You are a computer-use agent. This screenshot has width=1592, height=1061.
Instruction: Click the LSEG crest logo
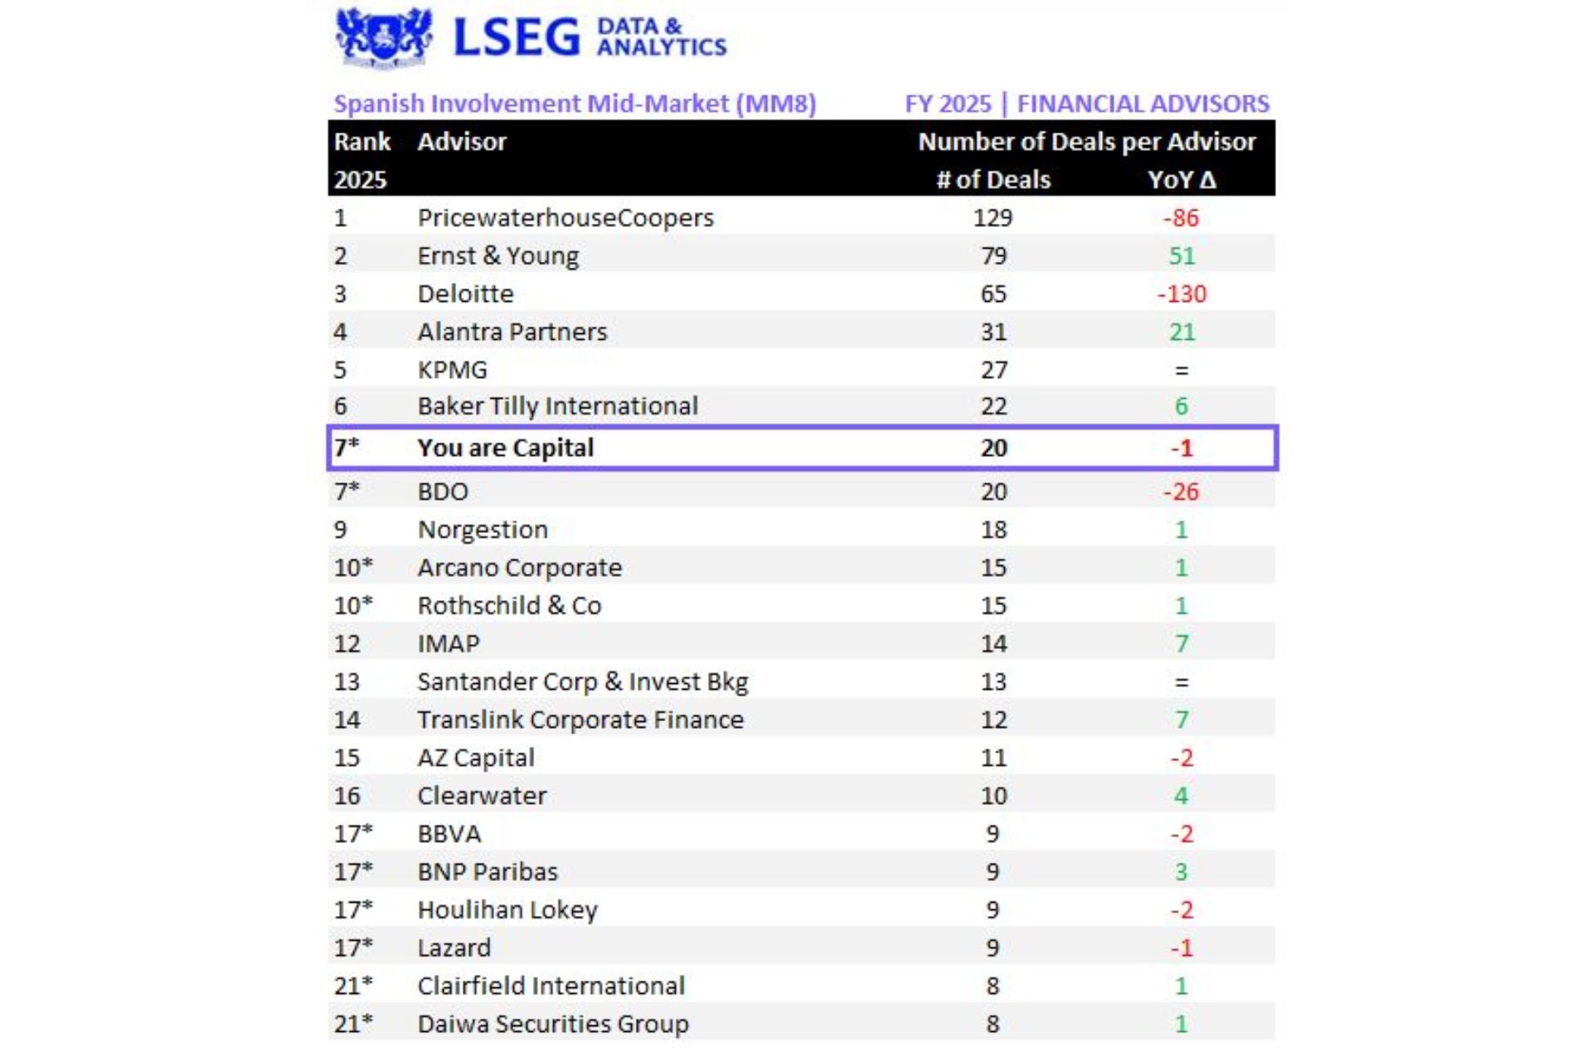click(383, 36)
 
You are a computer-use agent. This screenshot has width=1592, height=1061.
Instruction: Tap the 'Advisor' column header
click(461, 142)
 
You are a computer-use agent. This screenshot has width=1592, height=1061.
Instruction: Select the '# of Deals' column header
click(993, 180)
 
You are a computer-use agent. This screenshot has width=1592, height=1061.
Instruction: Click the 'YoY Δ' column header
click(1182, 180)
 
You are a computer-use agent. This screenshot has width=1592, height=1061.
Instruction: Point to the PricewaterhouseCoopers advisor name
click(565, 218)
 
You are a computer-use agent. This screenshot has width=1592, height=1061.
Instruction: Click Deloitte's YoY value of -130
click(1182, 294)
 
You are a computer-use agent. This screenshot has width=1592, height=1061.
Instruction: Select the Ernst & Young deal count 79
click(993, 256)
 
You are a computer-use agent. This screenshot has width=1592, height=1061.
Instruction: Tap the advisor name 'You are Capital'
click(505, 448)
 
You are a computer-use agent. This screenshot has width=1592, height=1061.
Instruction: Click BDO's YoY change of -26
click(1181, 492)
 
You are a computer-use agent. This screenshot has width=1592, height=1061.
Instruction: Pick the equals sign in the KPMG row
click(1182, 371)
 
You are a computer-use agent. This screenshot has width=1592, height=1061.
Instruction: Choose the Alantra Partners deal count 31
click(993, 332)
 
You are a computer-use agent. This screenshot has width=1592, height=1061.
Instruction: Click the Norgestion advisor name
click(483, 530)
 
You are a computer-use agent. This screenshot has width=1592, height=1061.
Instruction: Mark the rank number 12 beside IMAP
click(347, 644)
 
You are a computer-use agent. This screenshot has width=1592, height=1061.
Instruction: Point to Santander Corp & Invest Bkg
click(582, 682)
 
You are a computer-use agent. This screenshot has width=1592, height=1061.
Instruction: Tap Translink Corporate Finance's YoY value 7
click(1182, 720)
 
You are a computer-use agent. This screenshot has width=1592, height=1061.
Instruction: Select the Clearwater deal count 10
click(993, 797)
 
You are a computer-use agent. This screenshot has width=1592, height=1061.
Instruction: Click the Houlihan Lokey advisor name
click(507, 910)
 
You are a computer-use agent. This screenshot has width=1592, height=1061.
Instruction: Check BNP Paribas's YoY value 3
click(1182, 872)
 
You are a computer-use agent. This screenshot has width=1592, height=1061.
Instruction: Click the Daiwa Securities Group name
click(552, 1025)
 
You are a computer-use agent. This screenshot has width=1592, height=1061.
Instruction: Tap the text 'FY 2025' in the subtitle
click(947, 104)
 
